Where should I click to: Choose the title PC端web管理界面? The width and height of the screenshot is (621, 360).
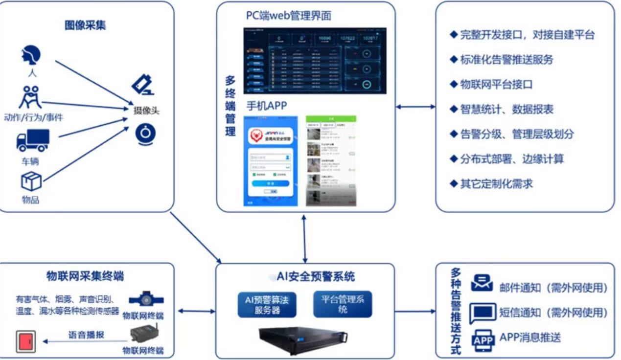[x=289, y=16]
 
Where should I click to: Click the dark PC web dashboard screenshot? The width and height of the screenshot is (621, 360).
[x=315, y=61]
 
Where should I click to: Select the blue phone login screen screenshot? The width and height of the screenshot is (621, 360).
[x=271, y=161]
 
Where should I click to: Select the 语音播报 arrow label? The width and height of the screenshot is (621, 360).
[x=86, y=336]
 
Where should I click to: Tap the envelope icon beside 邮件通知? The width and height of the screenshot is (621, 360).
[x=482, y=283]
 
